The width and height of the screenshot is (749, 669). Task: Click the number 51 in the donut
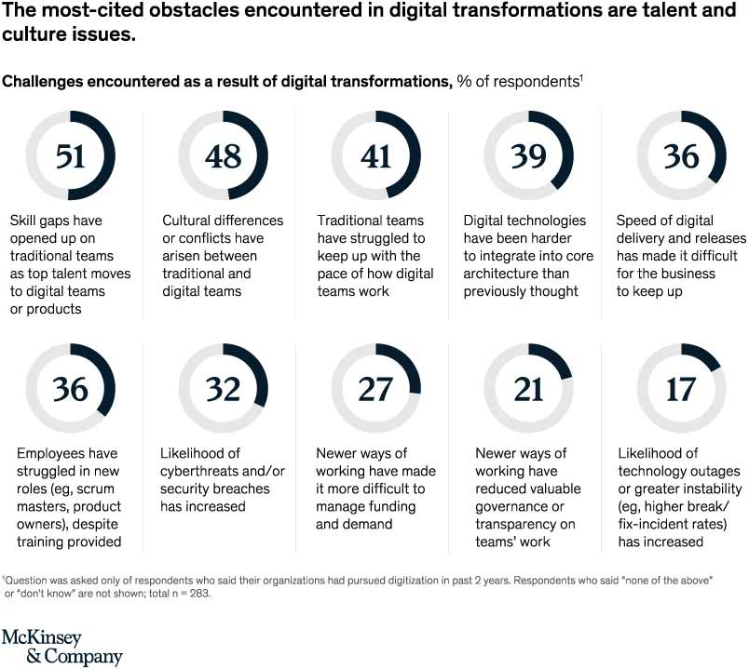click(70, 155)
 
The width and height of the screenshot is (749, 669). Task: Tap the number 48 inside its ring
click(223, 155)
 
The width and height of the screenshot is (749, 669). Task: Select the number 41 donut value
click(375, 155)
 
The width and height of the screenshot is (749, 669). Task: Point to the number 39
click(528, 155)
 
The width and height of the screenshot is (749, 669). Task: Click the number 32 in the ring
click(223, 388)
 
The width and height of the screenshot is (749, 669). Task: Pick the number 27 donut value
click(375, 388)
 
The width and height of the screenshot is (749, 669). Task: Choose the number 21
click(528, 388)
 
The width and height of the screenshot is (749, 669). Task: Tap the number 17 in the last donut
click(681, 388)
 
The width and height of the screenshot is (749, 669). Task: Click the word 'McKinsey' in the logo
click(41, 637)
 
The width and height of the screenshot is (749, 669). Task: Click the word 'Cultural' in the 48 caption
click(189, 221)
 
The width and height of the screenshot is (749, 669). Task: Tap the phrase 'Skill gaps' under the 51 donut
click(41, 221)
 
